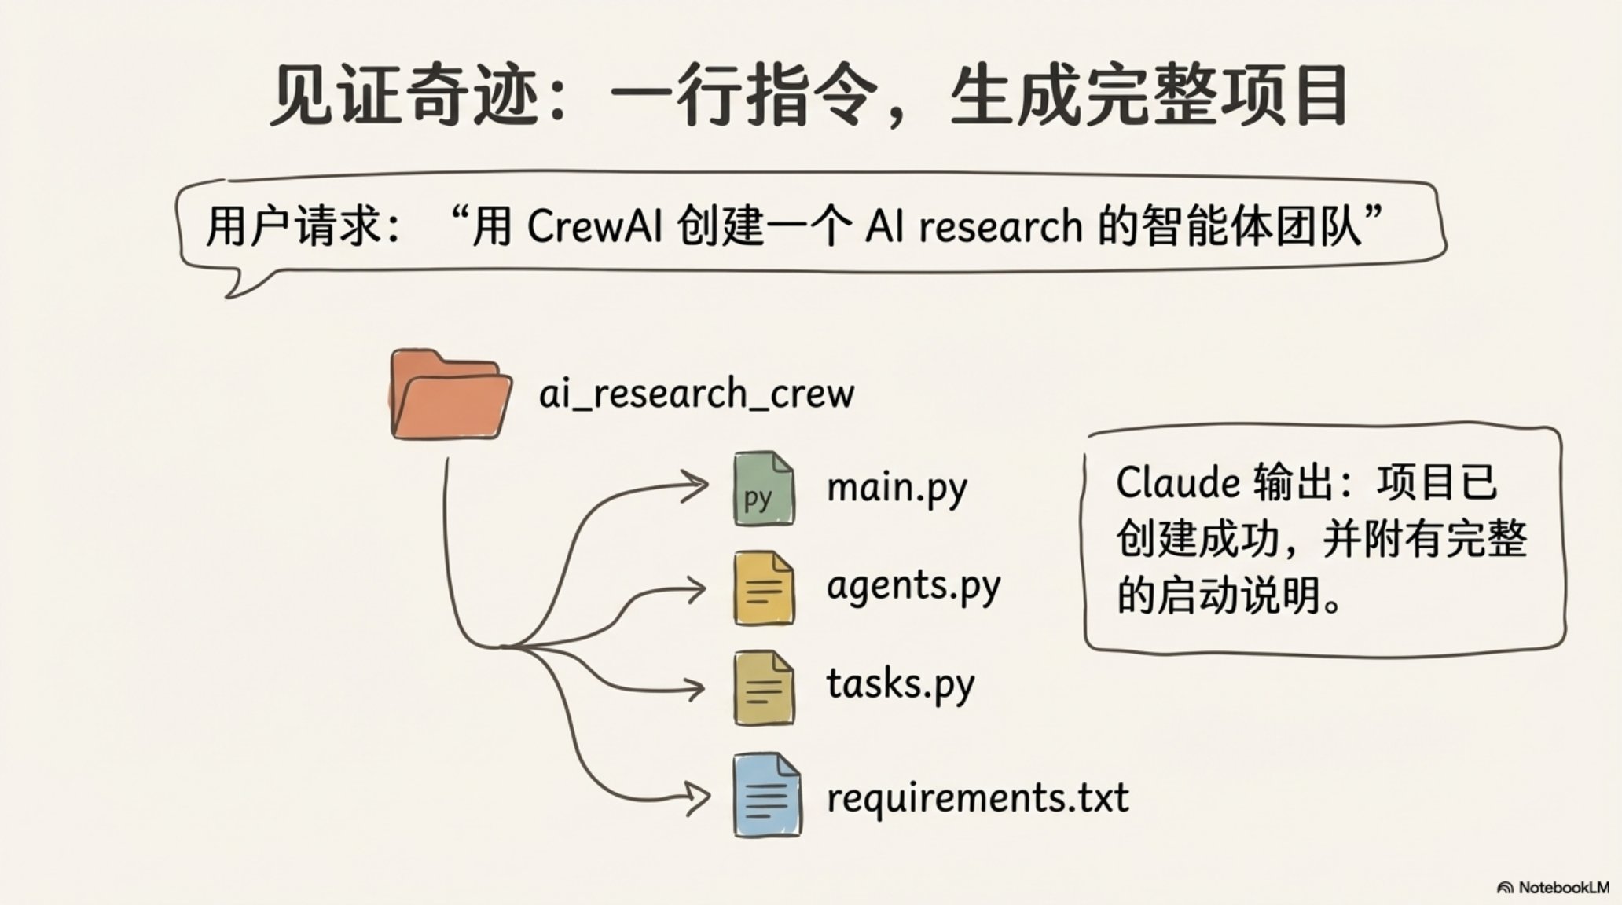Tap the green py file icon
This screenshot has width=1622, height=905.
pyautogui.click(x=763, y=489)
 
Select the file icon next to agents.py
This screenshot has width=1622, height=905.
pyautogui.click(x=763, y=588)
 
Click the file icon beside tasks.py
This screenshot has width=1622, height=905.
pyautogui.click(x=763, y=688)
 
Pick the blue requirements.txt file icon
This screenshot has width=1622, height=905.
pyautogui.click(x=766, y=796)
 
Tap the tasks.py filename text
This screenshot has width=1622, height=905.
pyautogui.click(x=900, y=684)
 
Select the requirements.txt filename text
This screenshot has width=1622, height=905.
pyautogui.click(x=978, y=797)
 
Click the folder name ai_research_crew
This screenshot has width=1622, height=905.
pyautogui.click(x=696, y=394)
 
